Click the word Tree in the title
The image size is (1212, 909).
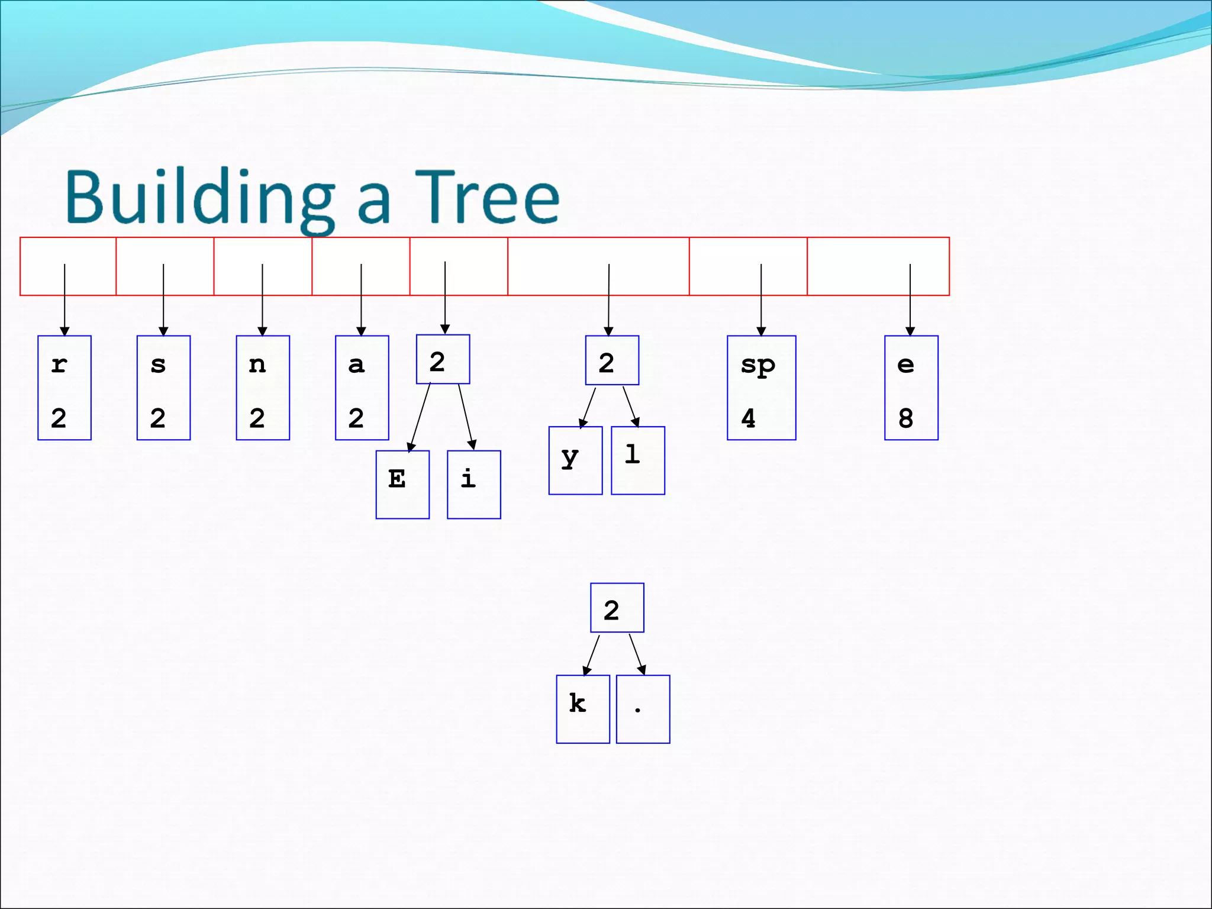(486, 196)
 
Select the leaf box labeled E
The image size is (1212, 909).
(402, 484)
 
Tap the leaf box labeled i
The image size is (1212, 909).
(473, 484)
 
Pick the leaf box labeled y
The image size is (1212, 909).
(575, 460)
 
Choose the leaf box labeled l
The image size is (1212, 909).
(637, 460)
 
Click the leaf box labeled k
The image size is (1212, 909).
(582, 708)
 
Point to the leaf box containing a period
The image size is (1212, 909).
(643, 708)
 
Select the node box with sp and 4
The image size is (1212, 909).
(761, 388)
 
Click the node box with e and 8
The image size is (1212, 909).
(911, 388)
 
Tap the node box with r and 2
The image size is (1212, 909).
(65, 388)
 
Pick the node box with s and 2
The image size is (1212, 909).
(163, 388)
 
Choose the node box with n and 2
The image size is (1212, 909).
(263, 388)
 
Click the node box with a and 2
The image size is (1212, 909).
(362, 388)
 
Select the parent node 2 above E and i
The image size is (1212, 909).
(443, 359)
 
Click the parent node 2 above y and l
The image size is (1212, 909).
(612, 360)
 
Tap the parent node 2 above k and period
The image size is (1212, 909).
(617, 608)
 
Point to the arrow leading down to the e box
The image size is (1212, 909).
(910, 299)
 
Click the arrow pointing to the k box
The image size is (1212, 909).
(591, 655)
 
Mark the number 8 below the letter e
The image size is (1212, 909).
(905, 418)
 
